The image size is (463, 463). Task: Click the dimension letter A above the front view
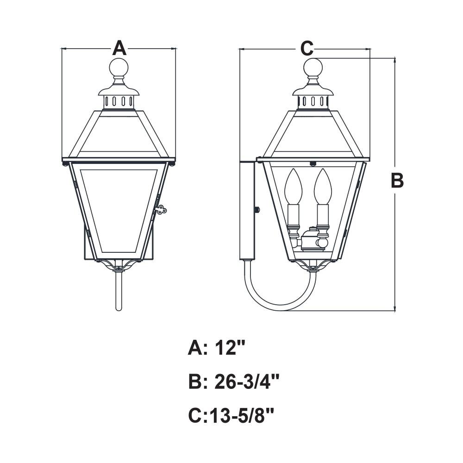click(119, 48)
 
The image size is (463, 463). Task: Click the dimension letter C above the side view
click(307, 48)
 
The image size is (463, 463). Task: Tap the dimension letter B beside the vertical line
click(397, 181)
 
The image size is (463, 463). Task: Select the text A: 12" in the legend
click(217, 348)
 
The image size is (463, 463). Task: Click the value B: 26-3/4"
click(234, 382)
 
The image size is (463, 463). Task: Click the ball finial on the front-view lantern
click(119, 68)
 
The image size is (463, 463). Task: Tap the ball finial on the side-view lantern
click(313, 68)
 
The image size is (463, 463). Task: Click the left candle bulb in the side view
click(293, 186)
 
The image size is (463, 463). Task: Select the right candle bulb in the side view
click(323, 186)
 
